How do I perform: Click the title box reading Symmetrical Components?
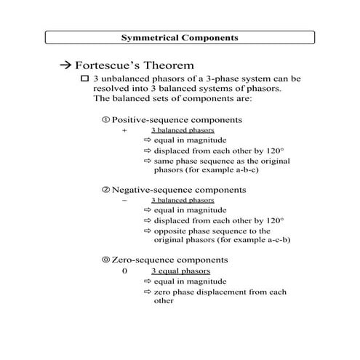tap(179, 36)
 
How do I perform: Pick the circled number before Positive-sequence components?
tap(106, 119)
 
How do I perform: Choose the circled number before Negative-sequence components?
tap(106, 189)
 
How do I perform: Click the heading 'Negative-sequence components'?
tap(179, 189)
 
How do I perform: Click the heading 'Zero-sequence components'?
tap(169, 260)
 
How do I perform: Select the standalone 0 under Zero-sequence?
tap(124, 271)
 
